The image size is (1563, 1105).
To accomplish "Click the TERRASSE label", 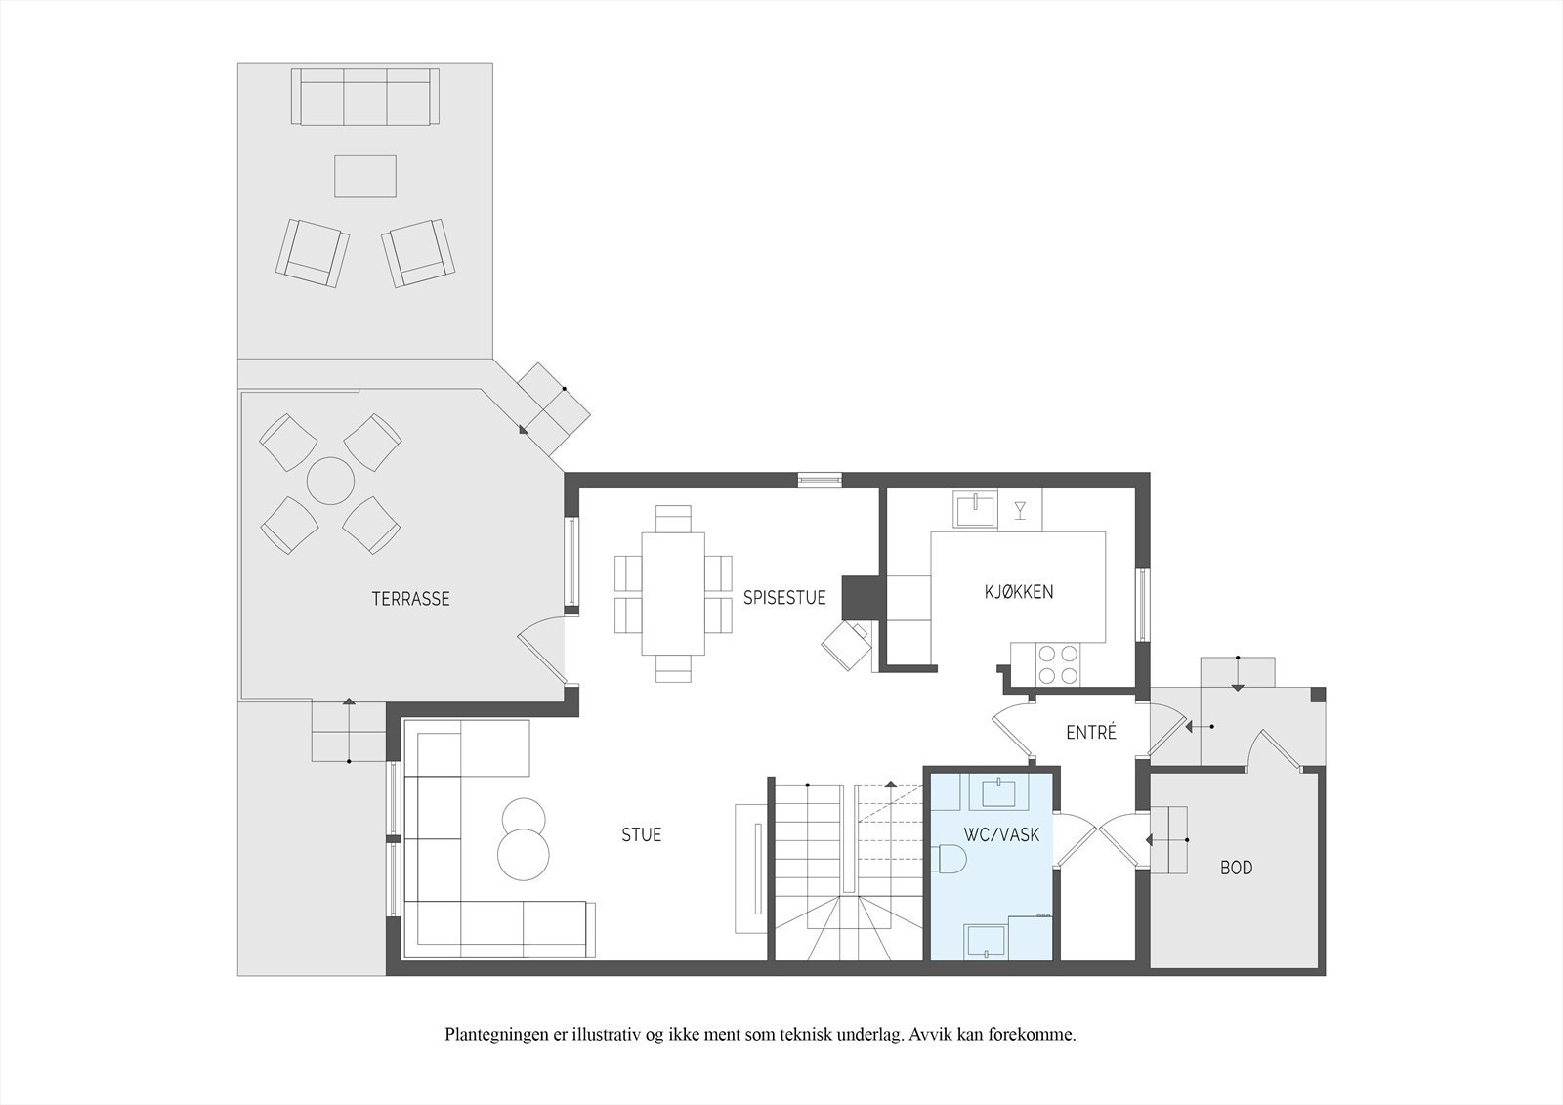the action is [x=410, y=598].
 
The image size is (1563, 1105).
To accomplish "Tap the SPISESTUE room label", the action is [x=784, y=598].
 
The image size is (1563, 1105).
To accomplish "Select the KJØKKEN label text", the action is [x=1019, y=592].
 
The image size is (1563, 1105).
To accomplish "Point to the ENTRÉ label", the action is [x=1091, y=732].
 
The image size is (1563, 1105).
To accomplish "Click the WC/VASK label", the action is [x=1002, y=834].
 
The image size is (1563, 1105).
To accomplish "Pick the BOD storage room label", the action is [x=1237, y=868].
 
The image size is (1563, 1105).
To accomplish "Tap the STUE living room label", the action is [x=641, y=834].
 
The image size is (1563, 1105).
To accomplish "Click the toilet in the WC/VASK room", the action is [x=950, y=859].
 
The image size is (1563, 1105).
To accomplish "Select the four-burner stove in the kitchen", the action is [x=1059, y=663].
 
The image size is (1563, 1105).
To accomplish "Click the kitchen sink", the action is [x=976, y=509].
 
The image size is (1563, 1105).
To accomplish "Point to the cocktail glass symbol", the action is [x=1020, y=510].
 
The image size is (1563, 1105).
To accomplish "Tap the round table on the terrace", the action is [x=331, y=481].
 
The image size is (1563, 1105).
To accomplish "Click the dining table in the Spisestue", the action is [x=673, y=593].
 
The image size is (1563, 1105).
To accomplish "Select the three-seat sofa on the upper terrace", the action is [x=365, y=97].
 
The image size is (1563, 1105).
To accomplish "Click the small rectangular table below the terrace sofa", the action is [x=365, y=176].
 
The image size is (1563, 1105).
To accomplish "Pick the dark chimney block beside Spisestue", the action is [x=861, y=597].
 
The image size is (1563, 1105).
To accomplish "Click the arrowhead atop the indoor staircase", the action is [x=890, y=784].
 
